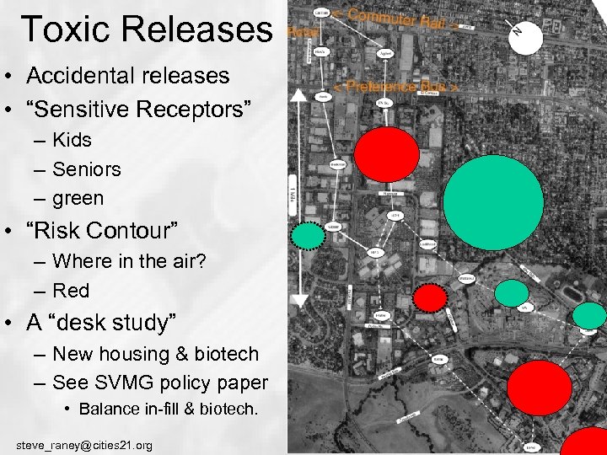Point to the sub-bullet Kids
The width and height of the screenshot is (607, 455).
pyautogui.click(x=72, y=140)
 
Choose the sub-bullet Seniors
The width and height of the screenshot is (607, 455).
pyautogui.click(x=86, y=169)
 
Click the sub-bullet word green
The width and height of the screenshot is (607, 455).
pyautogui.click(x=78, y=199)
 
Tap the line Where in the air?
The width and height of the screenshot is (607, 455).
pyautogui.click(x=129, y=261)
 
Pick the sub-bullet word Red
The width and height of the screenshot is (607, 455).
pyautogui.click(x=71, y=291)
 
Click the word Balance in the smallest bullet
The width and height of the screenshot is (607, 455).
pyautogui.click(x=108, y=409)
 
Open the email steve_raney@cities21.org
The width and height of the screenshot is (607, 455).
pyautogui.click(x=84, y=444)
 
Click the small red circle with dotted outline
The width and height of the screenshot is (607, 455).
pyautogui.click(x=430, y=297)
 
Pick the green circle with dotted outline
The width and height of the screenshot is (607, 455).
pyautogui.click(x=309, y=235)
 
